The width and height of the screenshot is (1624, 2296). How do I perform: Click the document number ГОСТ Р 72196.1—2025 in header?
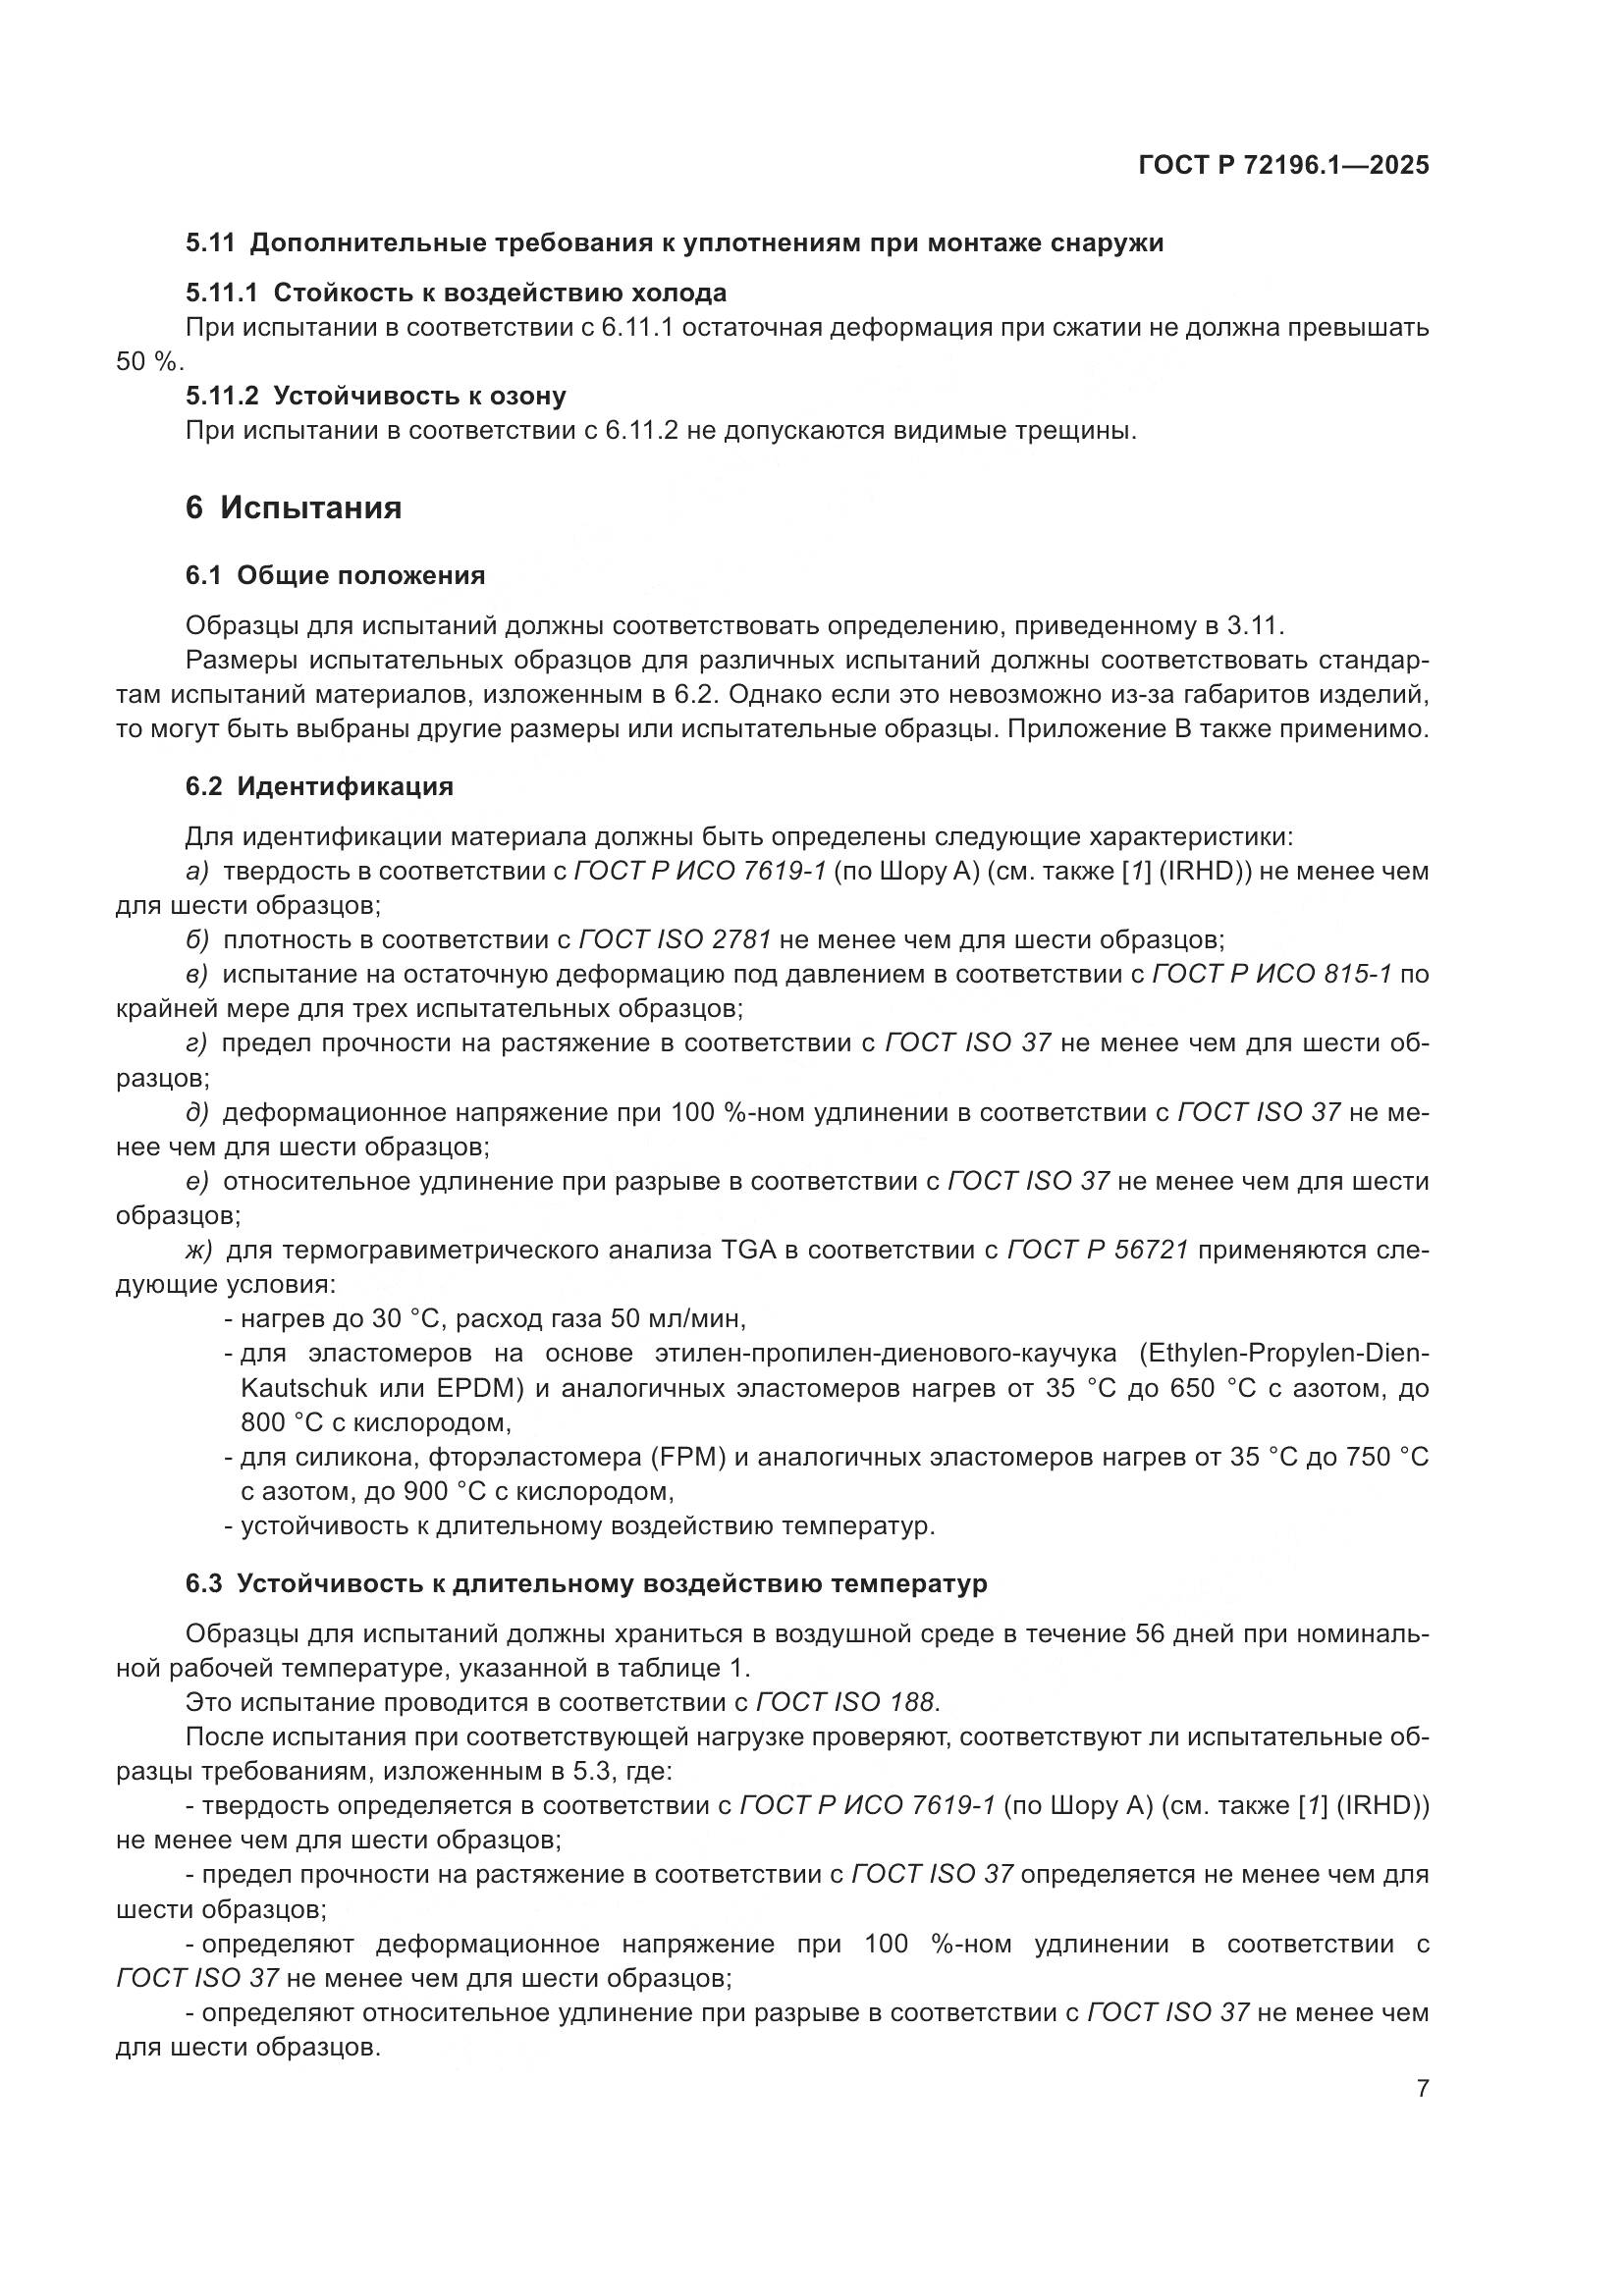(1283, 166)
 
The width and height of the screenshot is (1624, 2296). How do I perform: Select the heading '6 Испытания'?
(293, 508)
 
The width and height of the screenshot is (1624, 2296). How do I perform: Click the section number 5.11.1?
(221, 293)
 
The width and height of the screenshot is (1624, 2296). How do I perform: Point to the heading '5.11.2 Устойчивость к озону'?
(375, 396)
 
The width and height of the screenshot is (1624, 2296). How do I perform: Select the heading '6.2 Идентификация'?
(319, 786)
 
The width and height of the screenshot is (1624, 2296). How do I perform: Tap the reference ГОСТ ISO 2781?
(675, 940)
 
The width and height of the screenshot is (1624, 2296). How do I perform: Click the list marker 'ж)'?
(199, 1250)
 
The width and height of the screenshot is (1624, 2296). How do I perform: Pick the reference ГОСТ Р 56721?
(1097, 1250)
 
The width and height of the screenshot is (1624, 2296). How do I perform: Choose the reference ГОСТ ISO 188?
(845, 1702)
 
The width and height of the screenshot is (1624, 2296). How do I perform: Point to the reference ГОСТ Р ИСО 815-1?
(1272, 974)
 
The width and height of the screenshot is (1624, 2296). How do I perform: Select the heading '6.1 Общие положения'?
(335, 575)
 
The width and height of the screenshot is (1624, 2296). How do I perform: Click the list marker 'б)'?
(197, 940)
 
